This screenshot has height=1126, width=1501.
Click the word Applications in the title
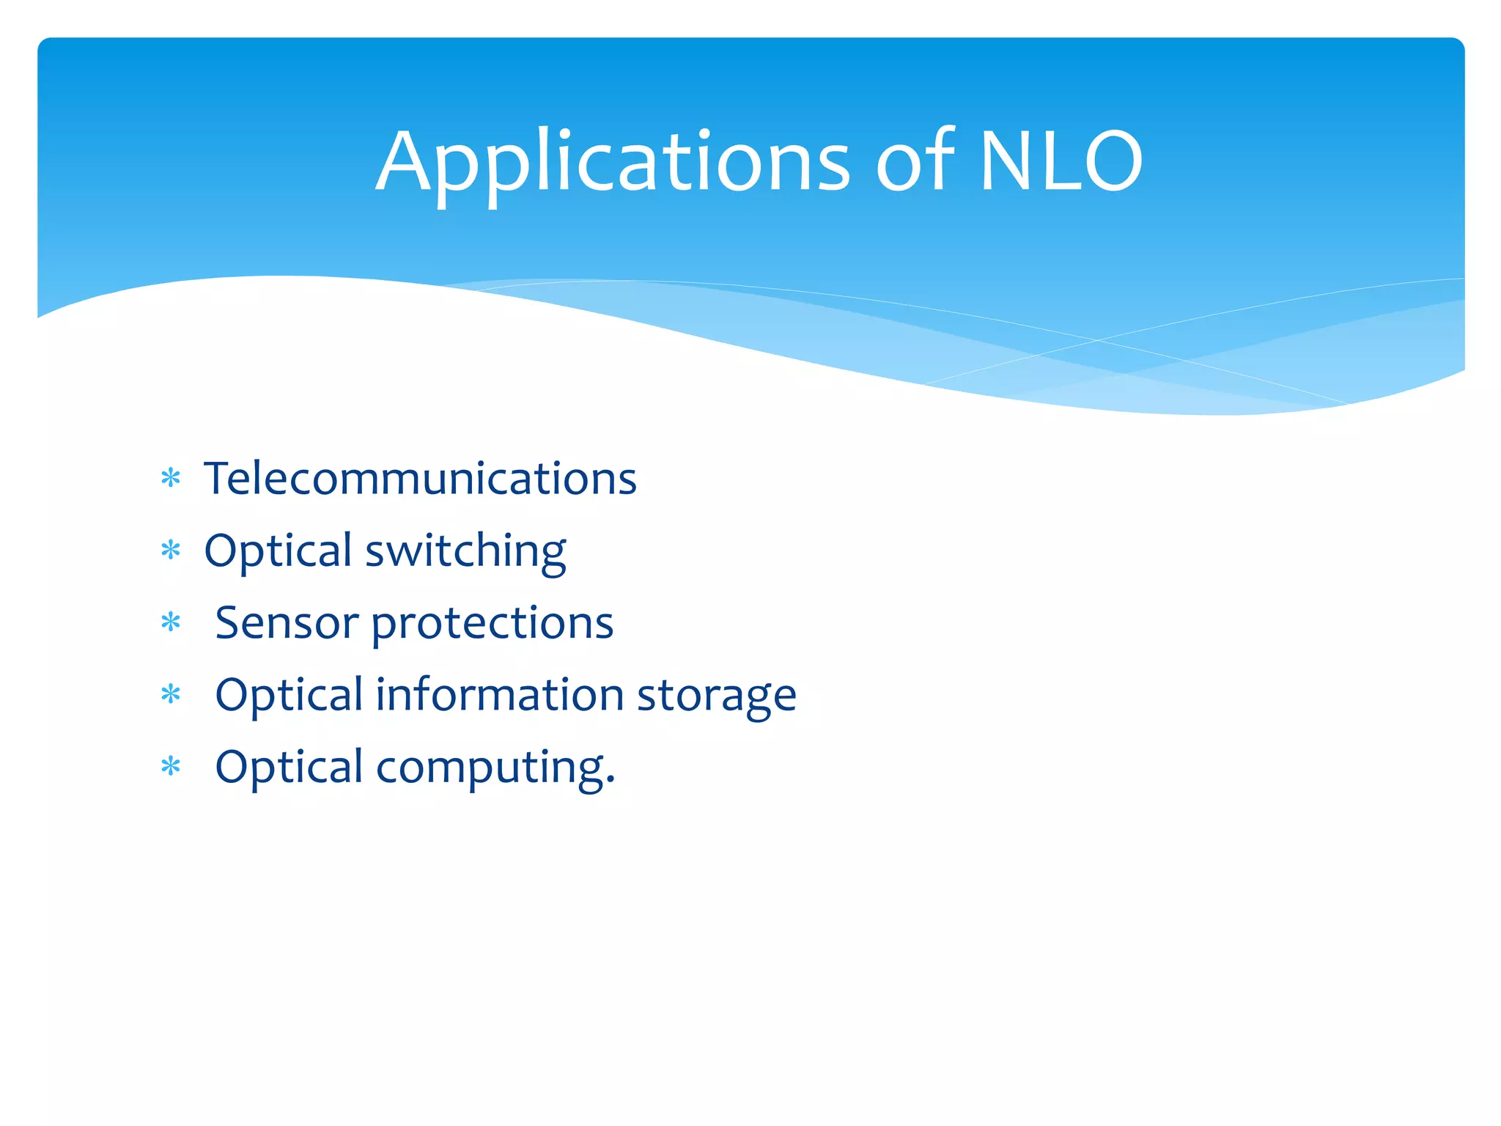[613, 163]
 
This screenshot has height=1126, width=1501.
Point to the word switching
[465, 551]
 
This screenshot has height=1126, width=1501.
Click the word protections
[493, 625]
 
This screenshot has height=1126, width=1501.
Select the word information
[499, 695]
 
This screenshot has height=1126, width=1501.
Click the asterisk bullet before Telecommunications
[171, 479]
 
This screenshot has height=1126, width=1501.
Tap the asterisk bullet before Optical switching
[171, 551]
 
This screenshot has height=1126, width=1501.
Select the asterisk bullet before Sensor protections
[171, 623]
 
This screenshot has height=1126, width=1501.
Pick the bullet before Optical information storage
[171, 694]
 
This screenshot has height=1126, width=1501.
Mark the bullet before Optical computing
[171, 767]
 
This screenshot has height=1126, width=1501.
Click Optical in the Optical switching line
[279, 551]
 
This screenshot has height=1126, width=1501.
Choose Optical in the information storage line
[289, 695]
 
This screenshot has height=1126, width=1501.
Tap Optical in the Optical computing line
[289, 768]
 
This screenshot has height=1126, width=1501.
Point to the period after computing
[610, 784]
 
